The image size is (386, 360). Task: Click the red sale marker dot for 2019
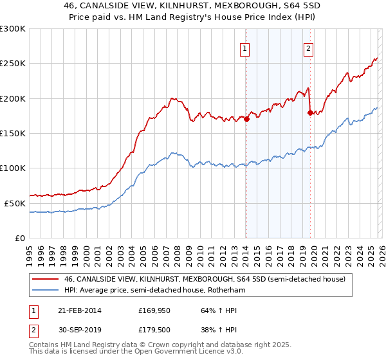tap(310, 113)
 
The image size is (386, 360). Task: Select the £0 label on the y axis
tap(21, 237)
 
